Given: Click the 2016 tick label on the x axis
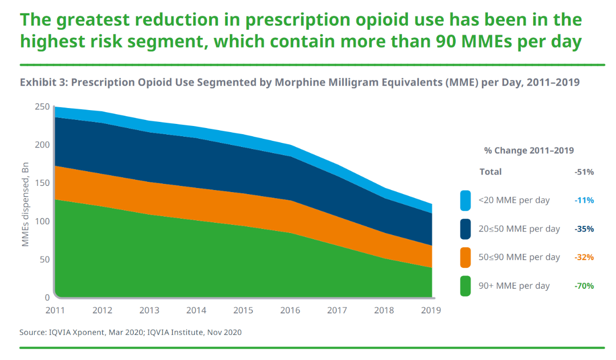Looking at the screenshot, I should (x=290, y=310).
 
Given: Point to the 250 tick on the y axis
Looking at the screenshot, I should (x=43, y=107).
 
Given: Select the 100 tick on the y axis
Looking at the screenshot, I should (x=43, y=221).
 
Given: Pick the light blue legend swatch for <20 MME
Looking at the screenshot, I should (x=465, y=200).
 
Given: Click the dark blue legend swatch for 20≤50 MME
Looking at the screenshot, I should (x=465, y=229).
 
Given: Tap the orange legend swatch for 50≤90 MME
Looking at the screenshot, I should (x=465, y=258).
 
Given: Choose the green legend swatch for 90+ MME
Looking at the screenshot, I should (x=465, y=286).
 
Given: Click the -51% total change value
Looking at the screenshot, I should (x=584, y=172).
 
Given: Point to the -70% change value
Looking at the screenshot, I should (x=584, y=286).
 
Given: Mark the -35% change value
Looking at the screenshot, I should (x=584, y=229).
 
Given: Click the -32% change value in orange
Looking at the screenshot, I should (x=584, y=258).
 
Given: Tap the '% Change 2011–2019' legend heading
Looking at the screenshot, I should (x=529, y=151).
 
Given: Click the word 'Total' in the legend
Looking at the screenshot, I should (x=491, y=172).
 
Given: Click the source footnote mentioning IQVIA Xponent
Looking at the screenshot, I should (x=131, y=332).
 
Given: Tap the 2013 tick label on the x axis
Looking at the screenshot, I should (x=149, y=310).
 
